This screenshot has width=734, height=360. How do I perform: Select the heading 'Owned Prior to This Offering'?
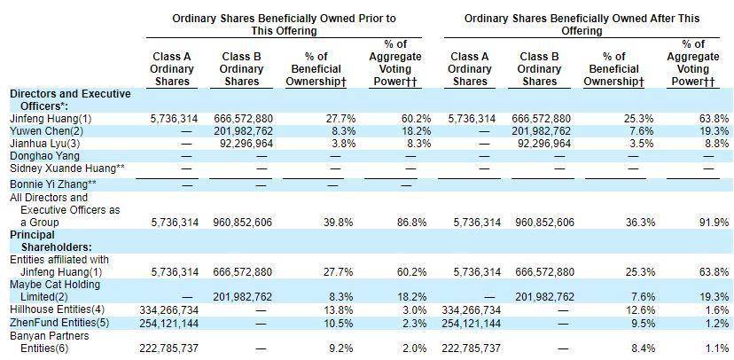click(x=285, y=23)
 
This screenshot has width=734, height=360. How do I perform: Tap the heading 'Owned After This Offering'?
click(x=582, y=23)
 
